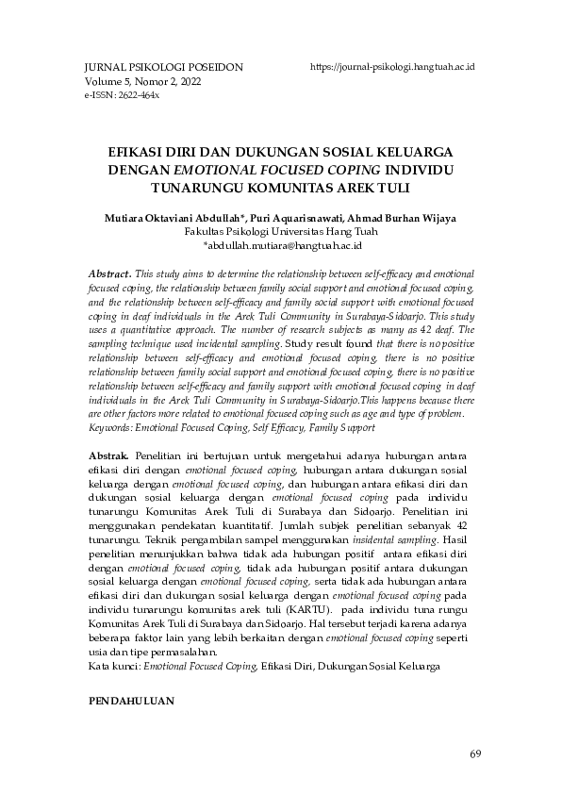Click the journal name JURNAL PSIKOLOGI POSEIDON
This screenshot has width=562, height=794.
151,68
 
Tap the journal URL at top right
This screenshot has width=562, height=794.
391,68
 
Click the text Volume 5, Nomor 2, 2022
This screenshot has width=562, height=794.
142,82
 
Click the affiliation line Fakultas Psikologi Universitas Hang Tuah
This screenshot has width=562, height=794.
282,231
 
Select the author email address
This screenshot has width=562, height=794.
282,245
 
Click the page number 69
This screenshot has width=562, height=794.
474,753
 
